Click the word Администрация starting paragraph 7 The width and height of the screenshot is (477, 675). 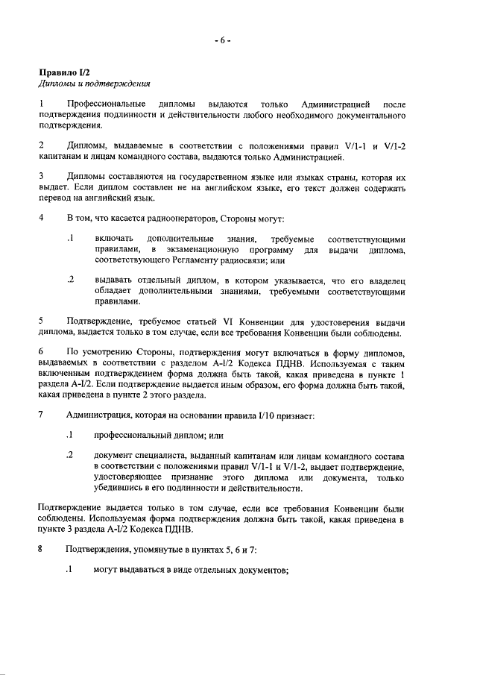click(102, 414)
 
